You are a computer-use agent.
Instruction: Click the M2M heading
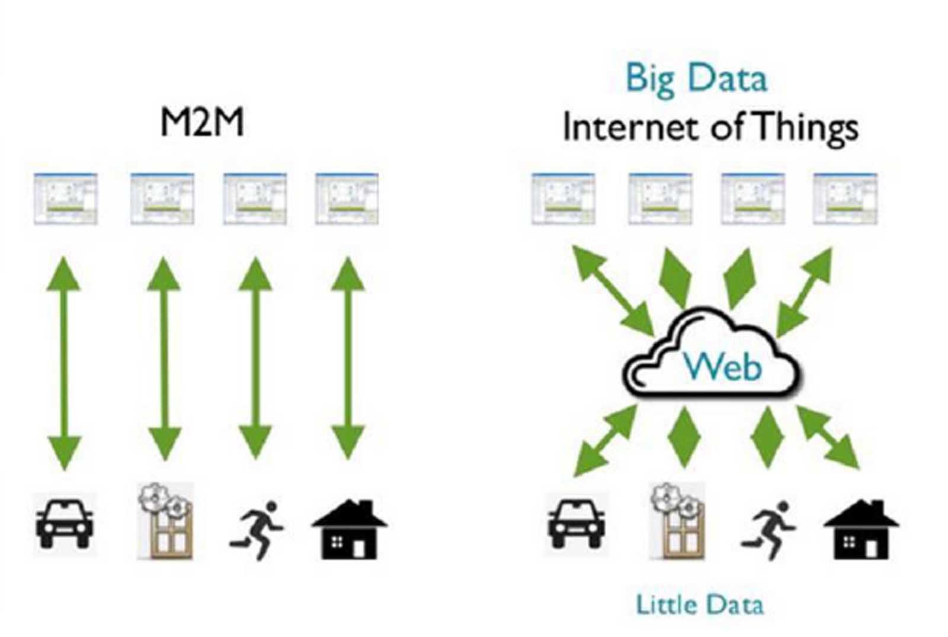tap(202, 123)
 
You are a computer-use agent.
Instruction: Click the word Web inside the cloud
tap(723, 367)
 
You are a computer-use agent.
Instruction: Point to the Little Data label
tap(700, 604)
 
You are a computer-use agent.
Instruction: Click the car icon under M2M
tap(65, 524)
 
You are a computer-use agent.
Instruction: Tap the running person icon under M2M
tap(257, 530)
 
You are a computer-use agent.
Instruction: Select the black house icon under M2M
tap(350, 529)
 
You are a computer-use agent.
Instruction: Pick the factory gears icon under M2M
tap(165, 521)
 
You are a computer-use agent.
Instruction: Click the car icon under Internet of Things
tap(576, 524)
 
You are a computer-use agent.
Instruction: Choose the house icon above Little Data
tap(861, 529)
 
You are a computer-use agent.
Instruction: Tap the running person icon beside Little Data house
tap(768, 530)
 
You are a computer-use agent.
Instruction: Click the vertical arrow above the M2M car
tap(64, 363)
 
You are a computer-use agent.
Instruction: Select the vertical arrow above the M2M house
tap(348, 358)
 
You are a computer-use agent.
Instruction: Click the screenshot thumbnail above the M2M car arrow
tap(66, 199)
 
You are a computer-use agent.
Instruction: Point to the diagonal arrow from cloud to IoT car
tap(606, 441)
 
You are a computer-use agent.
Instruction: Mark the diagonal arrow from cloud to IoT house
tap(828, 437)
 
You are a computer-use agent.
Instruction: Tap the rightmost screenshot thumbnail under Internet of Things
tap(845, 199)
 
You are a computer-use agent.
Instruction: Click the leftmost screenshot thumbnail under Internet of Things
tap(563, 199)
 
